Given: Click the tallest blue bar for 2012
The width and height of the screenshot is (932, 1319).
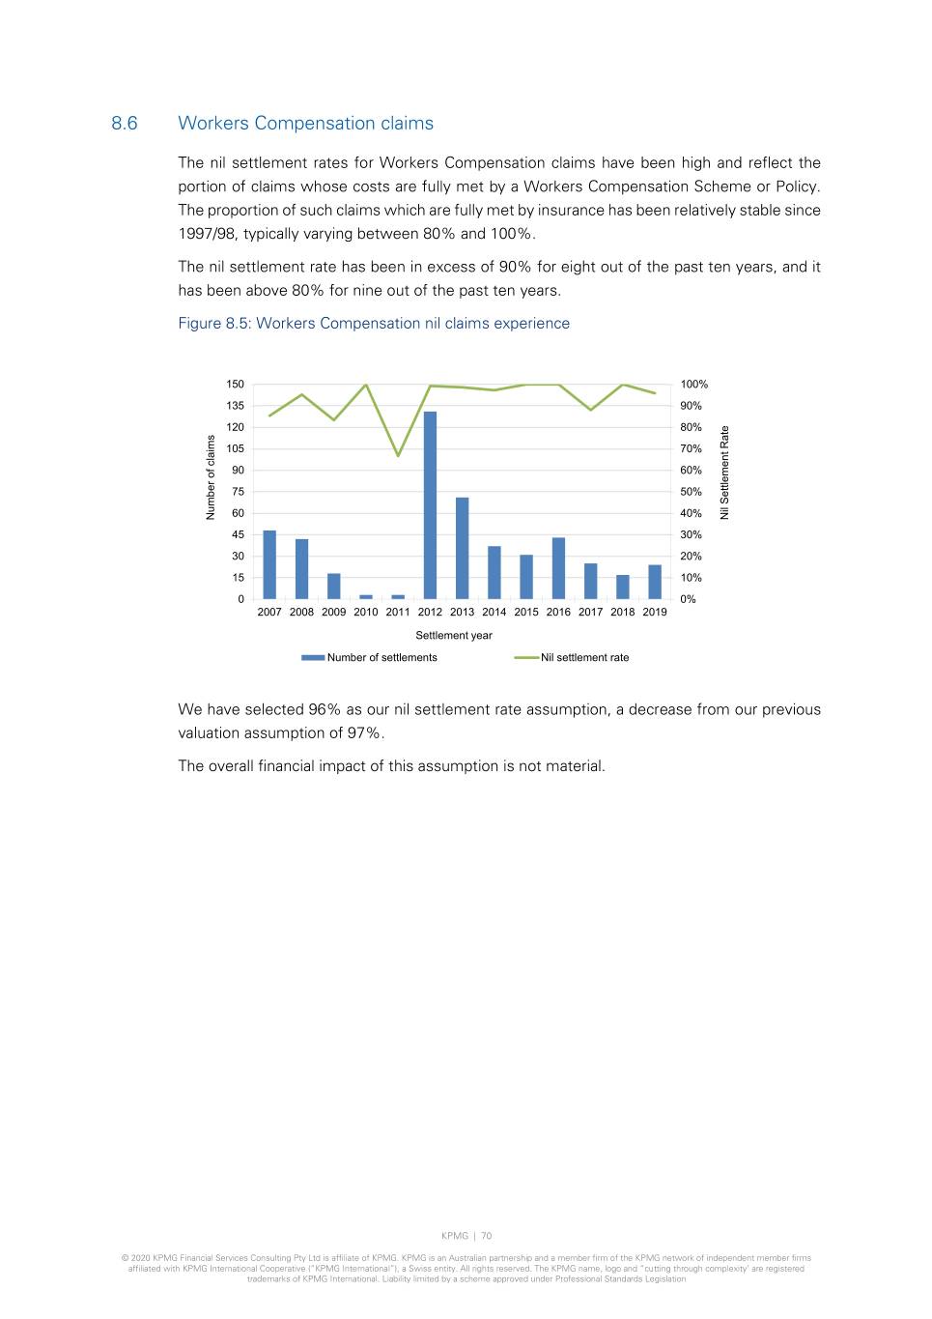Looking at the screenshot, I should [x=430, y=505].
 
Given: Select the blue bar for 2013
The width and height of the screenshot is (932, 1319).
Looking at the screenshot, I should [x=462, y=548].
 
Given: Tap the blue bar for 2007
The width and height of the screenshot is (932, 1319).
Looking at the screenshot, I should [x=269, y=564].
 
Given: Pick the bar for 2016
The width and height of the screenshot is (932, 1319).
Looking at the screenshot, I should [x=558, y=568].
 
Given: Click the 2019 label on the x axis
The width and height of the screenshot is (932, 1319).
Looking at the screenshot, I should [x=655, y=612].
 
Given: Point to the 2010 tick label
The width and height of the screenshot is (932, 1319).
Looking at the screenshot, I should [x=366, y=612].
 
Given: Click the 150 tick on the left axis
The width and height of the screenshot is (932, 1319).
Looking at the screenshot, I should [x=236, y=385].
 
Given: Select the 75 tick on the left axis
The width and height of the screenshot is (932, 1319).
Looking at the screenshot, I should [x=238, y=492].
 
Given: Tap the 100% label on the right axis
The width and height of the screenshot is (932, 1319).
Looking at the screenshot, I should [x=693, y=385].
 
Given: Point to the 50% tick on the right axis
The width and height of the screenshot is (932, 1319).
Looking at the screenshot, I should [x=691, y=492].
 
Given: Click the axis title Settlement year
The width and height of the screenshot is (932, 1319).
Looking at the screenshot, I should [x=454, y=636].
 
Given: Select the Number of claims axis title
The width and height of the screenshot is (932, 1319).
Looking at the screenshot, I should [x=211, y=477].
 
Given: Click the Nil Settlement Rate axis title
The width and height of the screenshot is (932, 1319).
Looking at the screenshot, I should [x=725, y=473].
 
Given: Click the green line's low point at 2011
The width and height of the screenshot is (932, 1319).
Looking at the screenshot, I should [x=398, y=456].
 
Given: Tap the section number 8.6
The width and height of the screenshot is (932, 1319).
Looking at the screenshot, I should [x=125, y=124].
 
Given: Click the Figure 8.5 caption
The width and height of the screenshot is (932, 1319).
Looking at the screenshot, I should [x=374, y=324].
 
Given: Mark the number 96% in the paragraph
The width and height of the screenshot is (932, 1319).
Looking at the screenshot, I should [x=325, y=709].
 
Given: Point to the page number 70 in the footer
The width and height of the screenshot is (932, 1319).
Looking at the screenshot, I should [x=487, y=1236].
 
